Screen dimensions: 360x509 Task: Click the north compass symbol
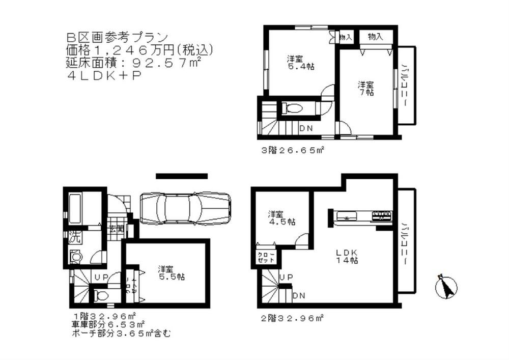click(446, 287)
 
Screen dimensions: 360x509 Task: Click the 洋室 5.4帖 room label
click(297, 62)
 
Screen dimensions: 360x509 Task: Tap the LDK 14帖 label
click(348, 256)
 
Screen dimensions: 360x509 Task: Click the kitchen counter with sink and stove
click(362, 215)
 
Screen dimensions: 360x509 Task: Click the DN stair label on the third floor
click(305, 128)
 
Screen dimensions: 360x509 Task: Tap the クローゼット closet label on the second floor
click(265, 257)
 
